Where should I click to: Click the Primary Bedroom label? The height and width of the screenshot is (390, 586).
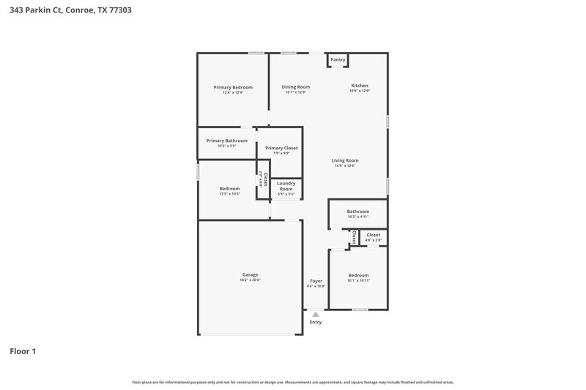[233, 87]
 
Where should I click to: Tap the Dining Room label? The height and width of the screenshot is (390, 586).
[296, 87]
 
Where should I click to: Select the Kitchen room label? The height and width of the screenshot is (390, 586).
[359, 86]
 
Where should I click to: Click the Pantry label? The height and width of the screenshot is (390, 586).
[338, 60]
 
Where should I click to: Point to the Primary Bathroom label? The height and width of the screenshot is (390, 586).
[226, 140]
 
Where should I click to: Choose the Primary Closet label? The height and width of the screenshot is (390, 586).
[281, 148]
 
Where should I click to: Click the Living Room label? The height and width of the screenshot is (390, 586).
[345, 160]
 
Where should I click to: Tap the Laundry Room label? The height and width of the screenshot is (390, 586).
[286, 186]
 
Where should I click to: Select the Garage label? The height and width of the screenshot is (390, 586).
[250, 274]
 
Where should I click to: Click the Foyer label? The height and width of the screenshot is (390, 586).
[316, 281]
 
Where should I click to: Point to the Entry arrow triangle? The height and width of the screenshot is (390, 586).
[316, 315]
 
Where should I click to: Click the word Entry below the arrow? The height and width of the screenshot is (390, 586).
[316, 322]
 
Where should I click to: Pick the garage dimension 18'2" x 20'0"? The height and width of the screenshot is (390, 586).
[250, 280]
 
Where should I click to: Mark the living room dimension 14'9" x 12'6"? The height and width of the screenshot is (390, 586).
[345, 166]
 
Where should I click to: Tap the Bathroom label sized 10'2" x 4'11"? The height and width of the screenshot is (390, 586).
[358, 211]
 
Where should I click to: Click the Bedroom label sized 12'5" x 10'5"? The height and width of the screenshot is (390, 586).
[229, 189]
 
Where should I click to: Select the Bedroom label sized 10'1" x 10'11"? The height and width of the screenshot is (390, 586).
[358, 275]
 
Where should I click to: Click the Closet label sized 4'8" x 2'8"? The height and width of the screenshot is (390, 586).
[374, 235]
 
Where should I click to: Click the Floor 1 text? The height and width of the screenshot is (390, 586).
[23, 351]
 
